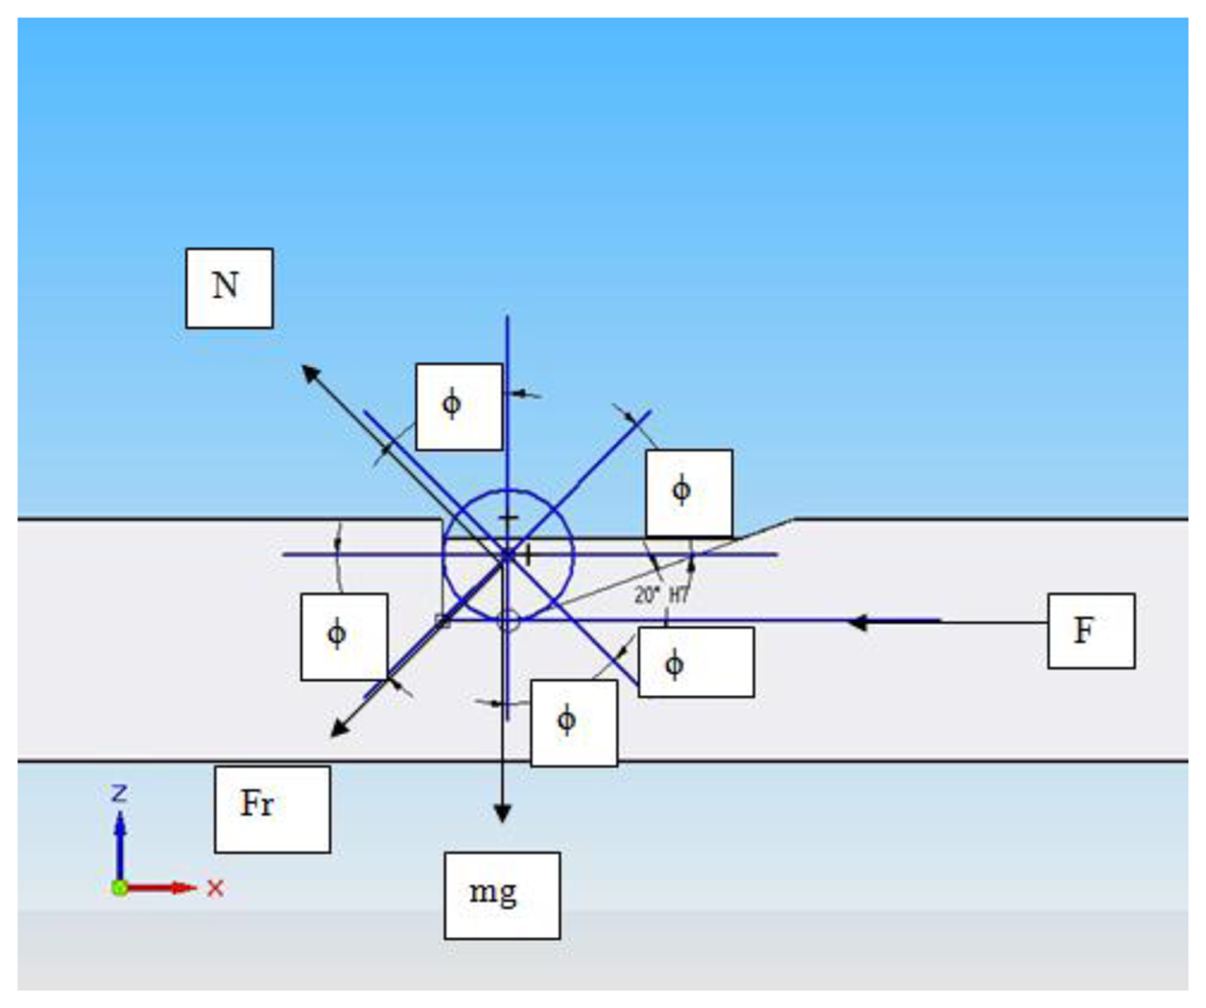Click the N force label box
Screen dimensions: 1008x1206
tap(229, 287)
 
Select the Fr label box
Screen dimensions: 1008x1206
tap(272, 808)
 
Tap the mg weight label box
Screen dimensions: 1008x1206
tap(502, 894)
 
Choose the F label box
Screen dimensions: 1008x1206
tap(1090, 631)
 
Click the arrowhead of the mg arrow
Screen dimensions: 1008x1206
tap(503, 813)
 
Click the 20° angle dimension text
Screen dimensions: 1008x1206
tap(646, 595)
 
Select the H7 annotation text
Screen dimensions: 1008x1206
tap(678, 595)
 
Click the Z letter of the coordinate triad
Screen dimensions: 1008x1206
tap(119, 793)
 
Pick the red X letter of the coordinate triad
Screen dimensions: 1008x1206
tap(215, 888)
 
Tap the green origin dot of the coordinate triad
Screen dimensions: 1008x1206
tap(119, 888)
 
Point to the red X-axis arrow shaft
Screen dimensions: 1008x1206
tap(157, 888)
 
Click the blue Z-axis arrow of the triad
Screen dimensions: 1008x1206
tap(120, 844)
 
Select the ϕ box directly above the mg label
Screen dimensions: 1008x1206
tap(574, 723)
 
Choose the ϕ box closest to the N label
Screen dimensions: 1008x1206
tap(459, 407)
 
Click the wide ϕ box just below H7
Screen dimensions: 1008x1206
tap(696, 662)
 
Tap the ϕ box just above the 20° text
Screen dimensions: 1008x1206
tap(688, 493)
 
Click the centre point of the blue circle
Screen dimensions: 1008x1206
tap(508, 555)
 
